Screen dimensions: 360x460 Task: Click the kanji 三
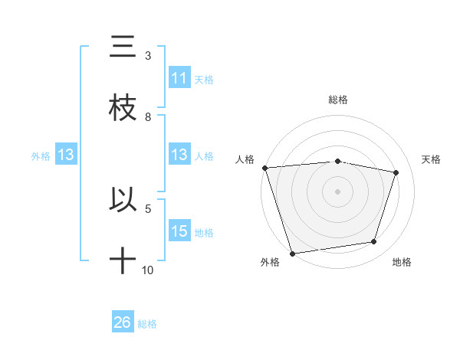pos(123,47)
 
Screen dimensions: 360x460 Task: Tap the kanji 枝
pos(123,108)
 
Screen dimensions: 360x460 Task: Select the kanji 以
pos(123,198)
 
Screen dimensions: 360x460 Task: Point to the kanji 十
pos(123,260)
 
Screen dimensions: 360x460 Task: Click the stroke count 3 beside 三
pos(148,56)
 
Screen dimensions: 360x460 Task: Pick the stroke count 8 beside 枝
pos(148,117)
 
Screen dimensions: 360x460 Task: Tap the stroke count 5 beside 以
pos(148,208)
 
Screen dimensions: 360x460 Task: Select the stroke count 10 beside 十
pos(148,270)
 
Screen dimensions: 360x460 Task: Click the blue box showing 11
pos(179,78)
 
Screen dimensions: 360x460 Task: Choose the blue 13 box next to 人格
pos(179,155)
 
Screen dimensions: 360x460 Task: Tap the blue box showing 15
pos(179,231)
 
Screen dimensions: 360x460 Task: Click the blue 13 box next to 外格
pos(65,155)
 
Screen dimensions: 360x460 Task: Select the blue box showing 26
pos(123,322)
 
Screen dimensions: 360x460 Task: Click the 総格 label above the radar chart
pos(338,100)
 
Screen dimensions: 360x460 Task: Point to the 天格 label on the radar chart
pos(432,159)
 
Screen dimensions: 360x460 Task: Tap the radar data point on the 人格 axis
pos(264,167)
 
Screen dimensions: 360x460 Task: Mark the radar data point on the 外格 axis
pos(292,253)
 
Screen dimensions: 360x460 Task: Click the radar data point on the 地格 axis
pos(374,242)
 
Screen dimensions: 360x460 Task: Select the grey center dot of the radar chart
pos(338,191)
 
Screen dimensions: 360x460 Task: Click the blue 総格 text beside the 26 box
pos(147,324)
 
